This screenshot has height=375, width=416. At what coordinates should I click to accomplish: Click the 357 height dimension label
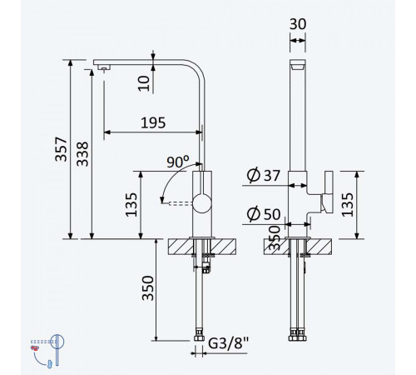pyautogui.click(x=61, y=149)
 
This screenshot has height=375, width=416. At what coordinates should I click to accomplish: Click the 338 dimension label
pyautogui.click(x=82, y=154)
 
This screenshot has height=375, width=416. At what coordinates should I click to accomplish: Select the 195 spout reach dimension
pyautogui.click(x=153, y=122)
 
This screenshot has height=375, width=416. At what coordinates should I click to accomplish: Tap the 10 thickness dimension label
pyautogui.click(x=144, y=83)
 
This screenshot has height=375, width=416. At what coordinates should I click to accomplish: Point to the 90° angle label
pyautogui.click(x=178, y=162)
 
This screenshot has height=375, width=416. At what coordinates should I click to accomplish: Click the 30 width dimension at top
pyautogui.click(x=298, y=24)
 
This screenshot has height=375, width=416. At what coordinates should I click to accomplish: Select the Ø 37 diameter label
pyautogui.click(x=263, y=175)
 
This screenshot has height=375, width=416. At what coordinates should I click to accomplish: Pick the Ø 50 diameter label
pyautogui.click(x=264, y=214)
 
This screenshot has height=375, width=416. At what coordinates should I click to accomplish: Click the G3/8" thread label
pyautogui.click(x=228, y=343)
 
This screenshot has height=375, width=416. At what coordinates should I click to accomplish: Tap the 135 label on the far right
pyautogui.click(x=347, y=205)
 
